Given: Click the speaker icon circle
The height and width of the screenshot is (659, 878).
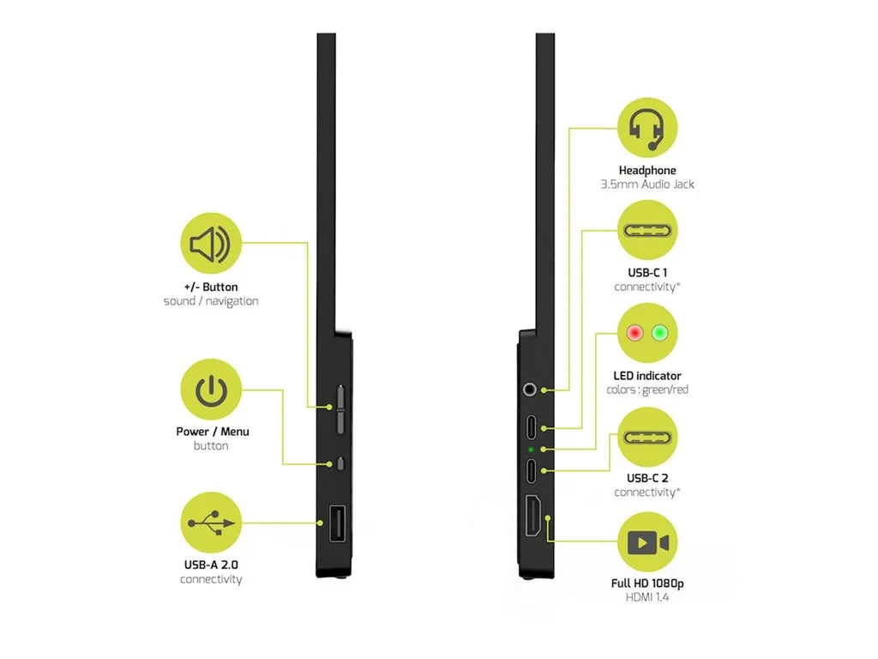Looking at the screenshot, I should pyautogui.click(x=210, y=245).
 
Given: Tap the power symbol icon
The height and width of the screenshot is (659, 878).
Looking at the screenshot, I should pyautogui.click(x=210, y=390).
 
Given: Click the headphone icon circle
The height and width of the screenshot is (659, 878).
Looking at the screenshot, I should pyautogui.click(x=647, y=129).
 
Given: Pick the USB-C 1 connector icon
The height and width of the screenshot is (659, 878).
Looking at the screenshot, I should pyautogui.click(x=647, y=231).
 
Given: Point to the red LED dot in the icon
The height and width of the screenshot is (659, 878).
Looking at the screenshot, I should pyautogui.click(x=635, y=333).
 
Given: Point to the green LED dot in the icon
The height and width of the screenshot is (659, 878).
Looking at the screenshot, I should pyautogui.click(x=659, y=333).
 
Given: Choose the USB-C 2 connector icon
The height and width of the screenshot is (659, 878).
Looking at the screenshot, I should pyautogui.click(x=647, y=437).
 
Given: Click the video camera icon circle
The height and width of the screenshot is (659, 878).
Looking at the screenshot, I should pyautogui.click(x=647, y=542).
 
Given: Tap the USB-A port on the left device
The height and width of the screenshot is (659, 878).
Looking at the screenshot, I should pyautogui.click(x=334, y=525).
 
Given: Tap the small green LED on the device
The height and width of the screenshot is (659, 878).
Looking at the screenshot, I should pyautogui.click(x=532, y=449).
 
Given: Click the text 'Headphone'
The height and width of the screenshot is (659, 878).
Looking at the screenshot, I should pyautogui.click(x=647, y=171).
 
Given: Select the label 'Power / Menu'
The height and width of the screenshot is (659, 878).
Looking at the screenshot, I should pyautogui.click(x=213, y=432).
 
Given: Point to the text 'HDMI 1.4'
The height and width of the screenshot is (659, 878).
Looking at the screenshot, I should pyautogui.click(x=647, y=597).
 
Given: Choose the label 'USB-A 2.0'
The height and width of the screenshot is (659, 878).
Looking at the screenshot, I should pyautogui.click(x=211, y=565).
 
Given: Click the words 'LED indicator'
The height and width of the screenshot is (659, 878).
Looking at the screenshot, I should pyautogui.click(x=647, y=376).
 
